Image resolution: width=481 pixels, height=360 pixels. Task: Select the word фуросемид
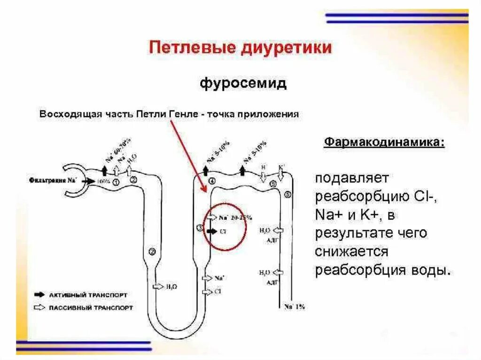[x=243, y=84]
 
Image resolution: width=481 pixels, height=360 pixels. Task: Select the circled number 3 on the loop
[x=200, y=228]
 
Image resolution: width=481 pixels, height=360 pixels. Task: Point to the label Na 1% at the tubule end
[x=295, y=306]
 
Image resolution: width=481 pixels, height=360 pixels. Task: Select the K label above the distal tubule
[x=281, y=167]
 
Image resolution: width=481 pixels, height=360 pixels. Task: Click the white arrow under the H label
[x=263, y=175]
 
